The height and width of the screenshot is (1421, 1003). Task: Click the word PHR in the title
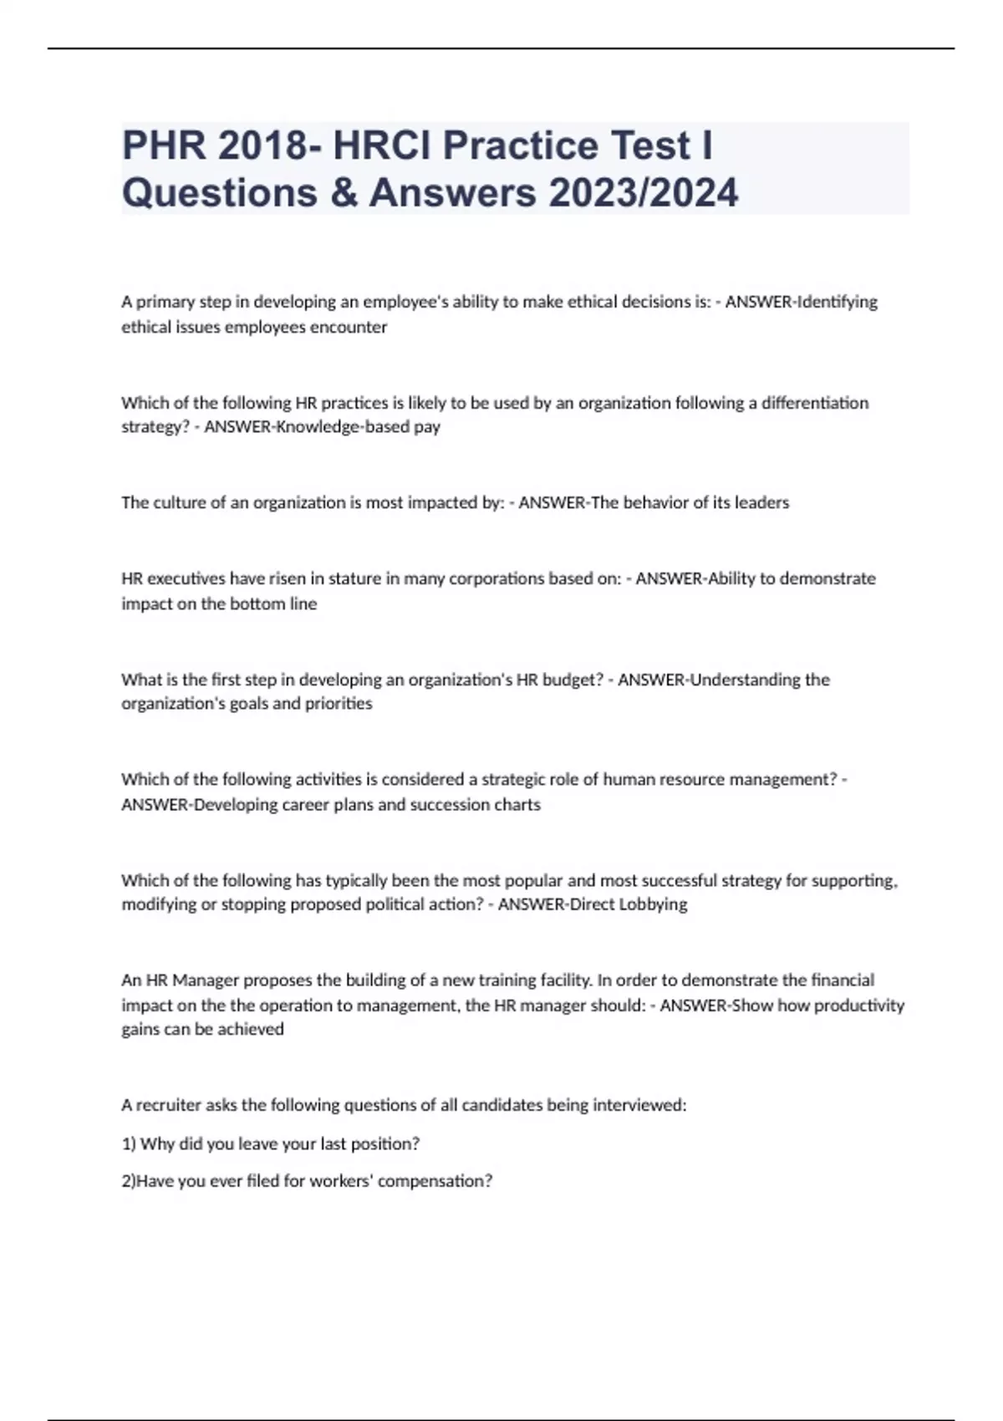pos(164,145)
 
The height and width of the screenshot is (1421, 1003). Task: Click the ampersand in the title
pos(343,192)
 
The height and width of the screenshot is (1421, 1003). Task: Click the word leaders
pos(761,503)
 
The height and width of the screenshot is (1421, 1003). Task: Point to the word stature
pos(354,578)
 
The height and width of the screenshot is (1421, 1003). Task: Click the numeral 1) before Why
pos(129,1143)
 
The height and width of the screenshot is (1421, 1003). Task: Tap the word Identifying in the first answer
pos(838,302)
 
